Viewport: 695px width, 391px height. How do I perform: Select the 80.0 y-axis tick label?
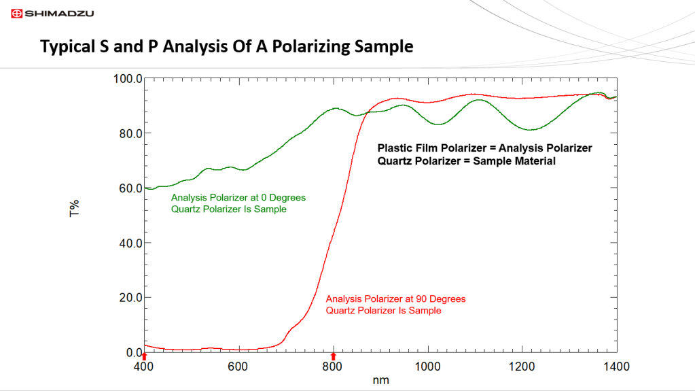tap(128, 133)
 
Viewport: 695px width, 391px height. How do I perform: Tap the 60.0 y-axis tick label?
tap(128, 188)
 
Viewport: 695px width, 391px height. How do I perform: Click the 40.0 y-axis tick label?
tap(128, 243)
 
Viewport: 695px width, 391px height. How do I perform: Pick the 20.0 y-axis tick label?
tap(128, 298)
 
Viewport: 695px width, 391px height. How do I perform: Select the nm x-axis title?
tap(381, 381)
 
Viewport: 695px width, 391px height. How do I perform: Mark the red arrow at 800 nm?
tap(333, 356)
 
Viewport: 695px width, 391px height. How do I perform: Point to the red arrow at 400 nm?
tap(145, 356)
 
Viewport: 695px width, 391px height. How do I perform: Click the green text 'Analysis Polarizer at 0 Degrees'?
tap(238, 197)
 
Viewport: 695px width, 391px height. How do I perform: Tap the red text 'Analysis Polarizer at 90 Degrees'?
tap(395, 299)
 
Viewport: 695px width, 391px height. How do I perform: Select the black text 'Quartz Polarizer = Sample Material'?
tap(467, 161)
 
